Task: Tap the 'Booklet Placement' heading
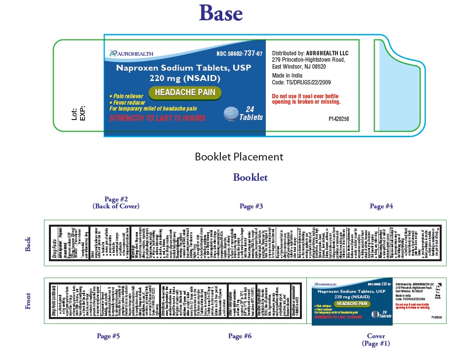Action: click(x=239, y=157)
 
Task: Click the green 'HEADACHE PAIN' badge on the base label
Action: click(x=185, y=92)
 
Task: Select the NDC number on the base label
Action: click(x=240, y=53)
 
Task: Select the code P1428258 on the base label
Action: click(x=338, y=119)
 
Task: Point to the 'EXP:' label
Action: click(x=83, y=113)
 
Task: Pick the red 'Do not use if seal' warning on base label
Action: click(x=306, y=99)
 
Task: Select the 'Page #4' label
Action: click(x=381, y=206)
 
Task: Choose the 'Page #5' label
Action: click(x=108, y=336)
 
